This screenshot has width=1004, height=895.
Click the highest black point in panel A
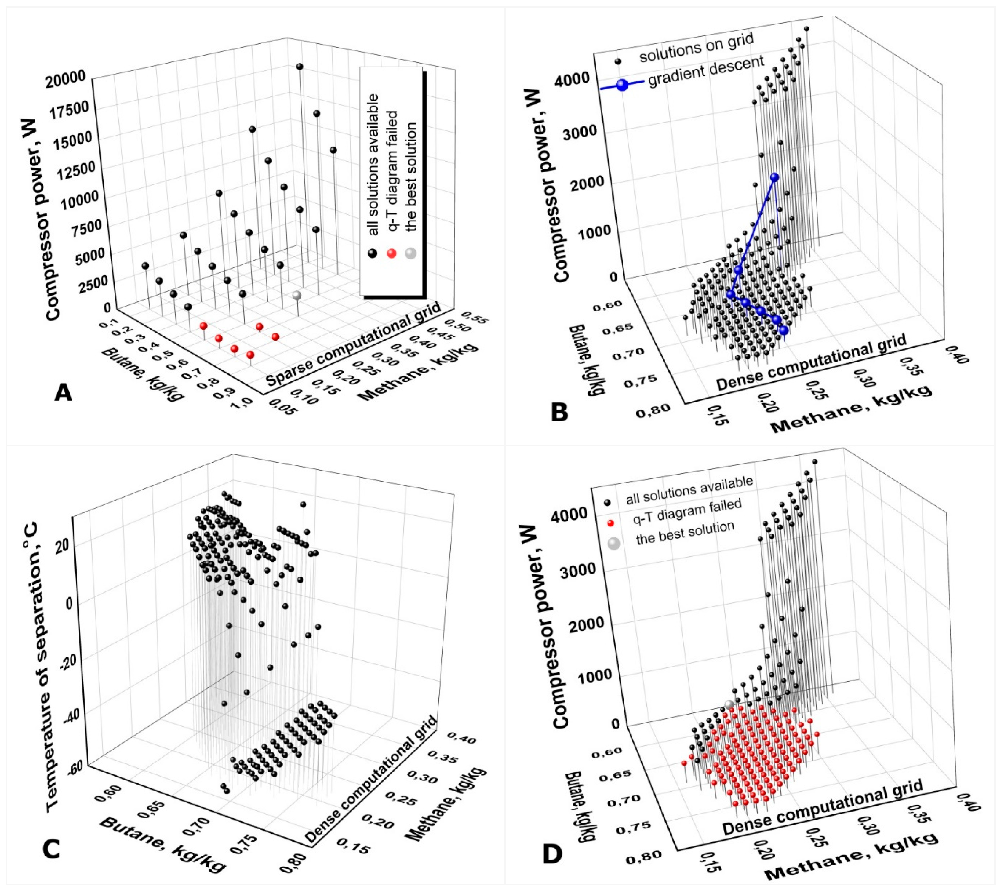[299, 66]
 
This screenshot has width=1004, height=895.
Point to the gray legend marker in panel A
[410, 253]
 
